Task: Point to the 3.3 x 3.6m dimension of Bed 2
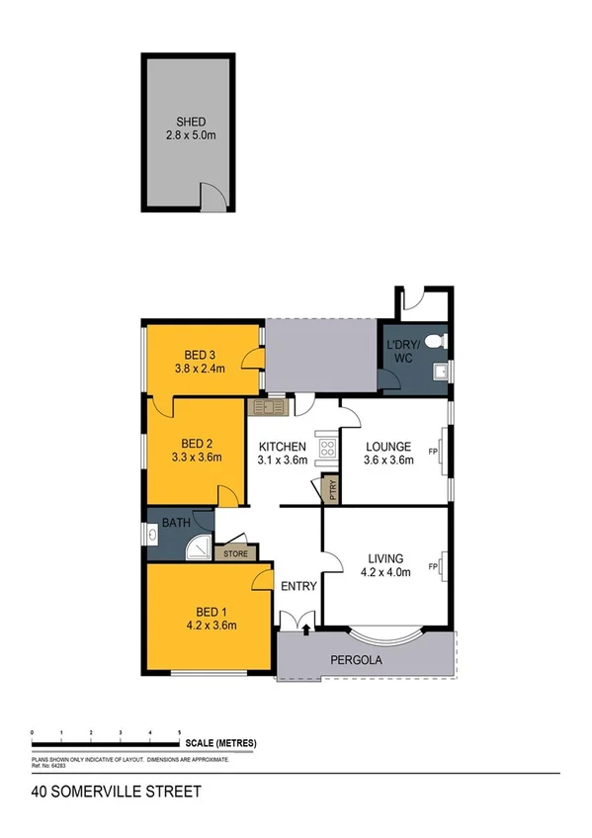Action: pos(197,457)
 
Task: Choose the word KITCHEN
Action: pos(282,446)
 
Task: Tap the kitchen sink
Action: pos(267,405)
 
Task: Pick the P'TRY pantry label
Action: pos(332,488)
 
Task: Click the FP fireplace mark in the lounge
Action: pos(432,452)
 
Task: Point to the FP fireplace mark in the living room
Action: pos(432,566)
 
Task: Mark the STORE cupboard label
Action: pos(235,553)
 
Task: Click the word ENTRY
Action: pos(298,586)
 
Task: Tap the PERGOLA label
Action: pos(357,660)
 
